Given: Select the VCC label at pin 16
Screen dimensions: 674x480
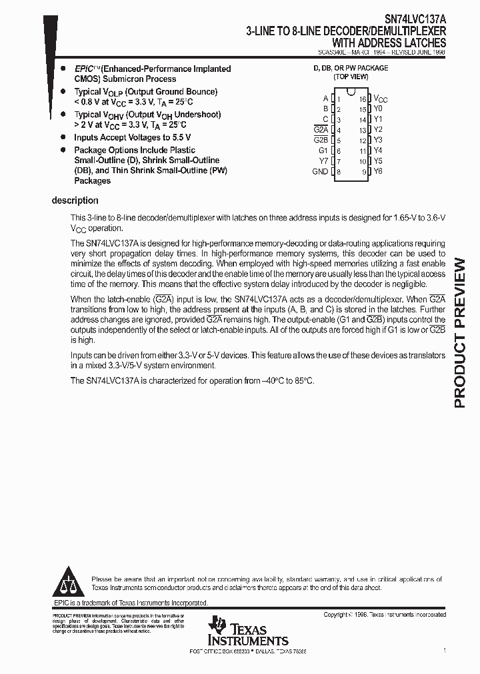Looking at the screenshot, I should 380,99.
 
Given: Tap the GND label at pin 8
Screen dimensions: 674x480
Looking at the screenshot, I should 320,172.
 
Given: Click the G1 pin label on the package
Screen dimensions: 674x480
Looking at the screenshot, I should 323,151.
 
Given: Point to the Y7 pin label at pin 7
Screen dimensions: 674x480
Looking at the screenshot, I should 323,161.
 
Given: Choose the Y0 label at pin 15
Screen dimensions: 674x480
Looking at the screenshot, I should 378,108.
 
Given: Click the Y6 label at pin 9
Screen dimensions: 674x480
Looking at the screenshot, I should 378,171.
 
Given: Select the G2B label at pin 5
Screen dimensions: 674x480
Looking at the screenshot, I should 321,140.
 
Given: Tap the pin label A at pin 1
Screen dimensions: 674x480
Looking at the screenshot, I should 325,98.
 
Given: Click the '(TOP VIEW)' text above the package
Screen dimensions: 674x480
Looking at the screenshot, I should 351,77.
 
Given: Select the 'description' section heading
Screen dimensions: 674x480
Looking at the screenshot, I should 75,200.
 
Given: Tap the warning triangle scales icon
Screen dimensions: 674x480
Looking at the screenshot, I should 69,581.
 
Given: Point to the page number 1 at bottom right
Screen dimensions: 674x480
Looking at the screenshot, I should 445,650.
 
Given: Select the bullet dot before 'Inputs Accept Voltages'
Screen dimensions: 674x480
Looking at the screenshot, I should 63,137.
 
